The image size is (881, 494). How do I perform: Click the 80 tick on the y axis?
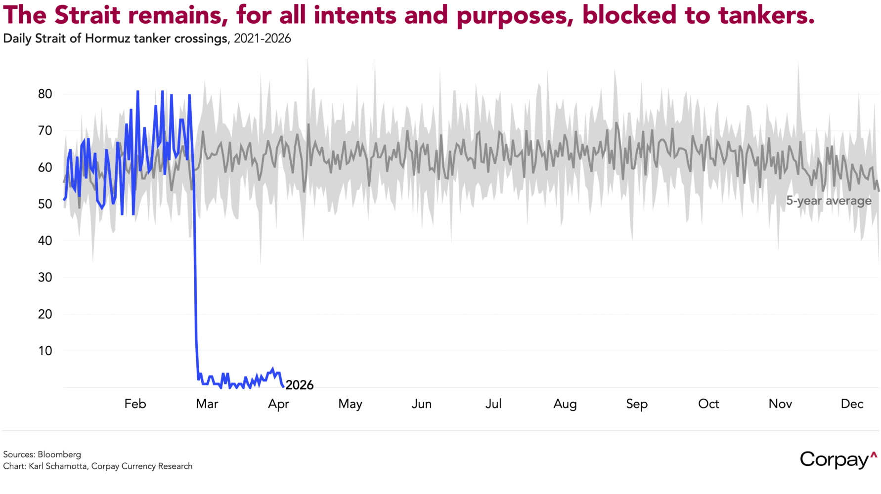(x=45, y=94)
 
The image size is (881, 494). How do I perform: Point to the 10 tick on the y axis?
(x=45, y=351)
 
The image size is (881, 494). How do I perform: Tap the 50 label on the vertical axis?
(x=45, y=204)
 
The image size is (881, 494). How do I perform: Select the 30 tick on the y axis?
(x=45, y=277)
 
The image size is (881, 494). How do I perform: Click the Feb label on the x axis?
(x=135, y=404)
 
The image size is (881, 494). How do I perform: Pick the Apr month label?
(x=278, y=404)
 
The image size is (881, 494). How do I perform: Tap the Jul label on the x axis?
(x=493, y=404)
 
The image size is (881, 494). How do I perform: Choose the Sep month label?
(x=637, y=404)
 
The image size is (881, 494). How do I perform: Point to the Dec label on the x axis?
(x=852, y=404)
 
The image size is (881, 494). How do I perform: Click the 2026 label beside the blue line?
(x=300, y=385)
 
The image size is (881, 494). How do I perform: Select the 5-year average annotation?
(x=829, y=201)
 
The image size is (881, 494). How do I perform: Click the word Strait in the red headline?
(x=88, y=15)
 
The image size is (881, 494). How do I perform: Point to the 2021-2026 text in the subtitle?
(x=262, y=39)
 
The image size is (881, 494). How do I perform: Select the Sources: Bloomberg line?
(x=42, y=454)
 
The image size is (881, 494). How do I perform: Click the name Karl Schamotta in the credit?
(x=57, y=466)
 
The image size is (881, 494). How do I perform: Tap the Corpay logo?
(x=835, y=460)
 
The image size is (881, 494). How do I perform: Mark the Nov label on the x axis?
(x=780, y=404)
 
